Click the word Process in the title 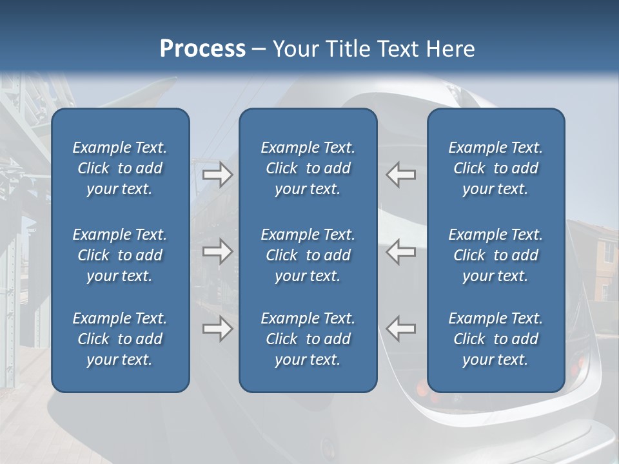pos(202,49)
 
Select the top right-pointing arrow pos(218,175)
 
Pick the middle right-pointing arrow pos(218,251)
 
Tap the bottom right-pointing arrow pos(218,329)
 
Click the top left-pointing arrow pos(400,175)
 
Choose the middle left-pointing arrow pos(400,251)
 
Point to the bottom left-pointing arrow pos(400,329)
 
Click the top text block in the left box pos(120,168)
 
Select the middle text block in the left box pos(120,255)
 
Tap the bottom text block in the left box pos(120,339)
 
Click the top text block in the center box pos(308,168)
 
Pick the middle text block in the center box pos(308,255)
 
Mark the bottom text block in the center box pos(308,339)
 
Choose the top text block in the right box pos(496,168)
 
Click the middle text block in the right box pos(496,255)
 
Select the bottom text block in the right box pos(496,339)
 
